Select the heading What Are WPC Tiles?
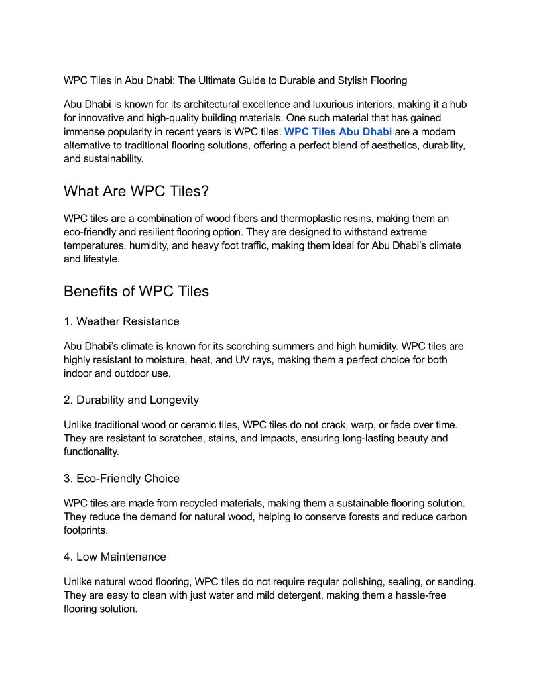[x=136, y=191]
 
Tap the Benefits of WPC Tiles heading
[x=136, y=291]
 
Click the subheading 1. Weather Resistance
[x=121, y=321]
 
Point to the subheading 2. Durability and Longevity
[x=131, y=400]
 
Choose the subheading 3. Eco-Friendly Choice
[x=122, y=478]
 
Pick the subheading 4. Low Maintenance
[x=115, y=556]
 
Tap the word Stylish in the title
[x=341, y=80]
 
